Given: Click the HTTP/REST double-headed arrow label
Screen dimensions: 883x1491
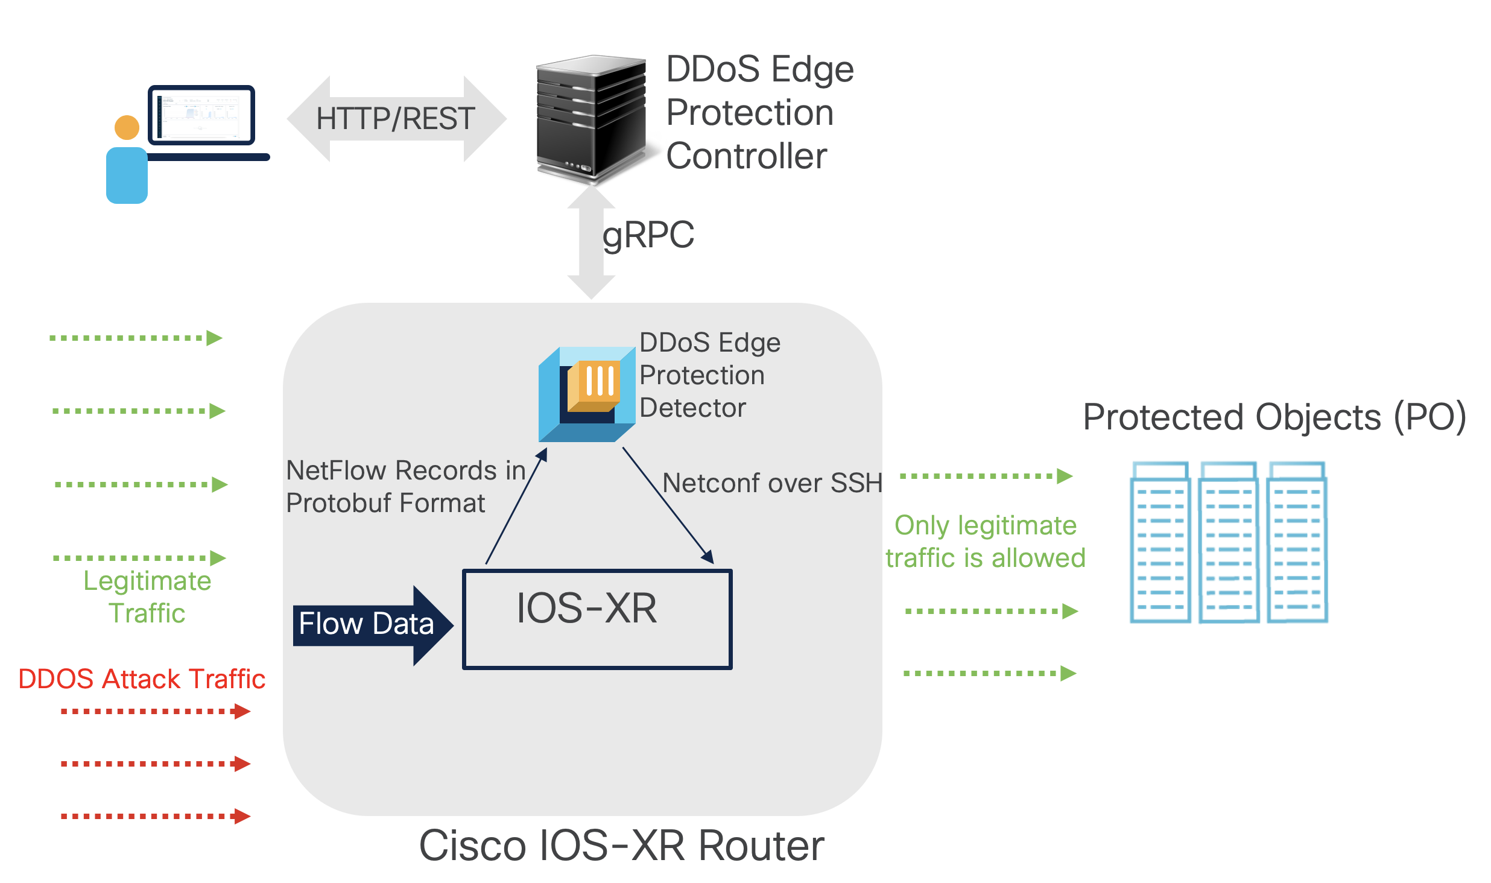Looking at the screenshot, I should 396,119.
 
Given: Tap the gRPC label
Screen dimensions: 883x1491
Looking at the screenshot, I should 648,235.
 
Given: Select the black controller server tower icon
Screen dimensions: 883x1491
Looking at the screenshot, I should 591,118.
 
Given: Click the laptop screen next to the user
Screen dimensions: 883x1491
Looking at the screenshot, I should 201,115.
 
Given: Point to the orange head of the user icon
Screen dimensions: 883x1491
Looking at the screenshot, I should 127,127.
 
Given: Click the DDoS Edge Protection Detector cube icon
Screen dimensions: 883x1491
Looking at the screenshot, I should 586,394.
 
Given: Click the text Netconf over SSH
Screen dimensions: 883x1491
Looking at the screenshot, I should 772,483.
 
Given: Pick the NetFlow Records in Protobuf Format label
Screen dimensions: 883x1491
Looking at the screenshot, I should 405,486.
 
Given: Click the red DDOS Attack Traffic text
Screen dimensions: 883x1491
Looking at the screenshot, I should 142,679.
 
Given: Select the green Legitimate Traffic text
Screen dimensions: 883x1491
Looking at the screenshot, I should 147,597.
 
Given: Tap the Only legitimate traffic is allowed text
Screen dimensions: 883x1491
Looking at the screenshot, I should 986,542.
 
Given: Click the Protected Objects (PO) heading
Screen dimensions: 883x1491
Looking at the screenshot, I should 1274,417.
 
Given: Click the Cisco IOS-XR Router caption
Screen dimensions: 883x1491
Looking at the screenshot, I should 621,846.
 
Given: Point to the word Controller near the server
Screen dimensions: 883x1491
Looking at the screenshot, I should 746,156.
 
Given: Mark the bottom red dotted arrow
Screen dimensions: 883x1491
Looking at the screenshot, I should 155,816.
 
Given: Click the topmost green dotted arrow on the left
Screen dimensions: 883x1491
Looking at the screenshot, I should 136,338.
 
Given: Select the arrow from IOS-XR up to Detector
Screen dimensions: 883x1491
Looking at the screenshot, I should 516,507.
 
